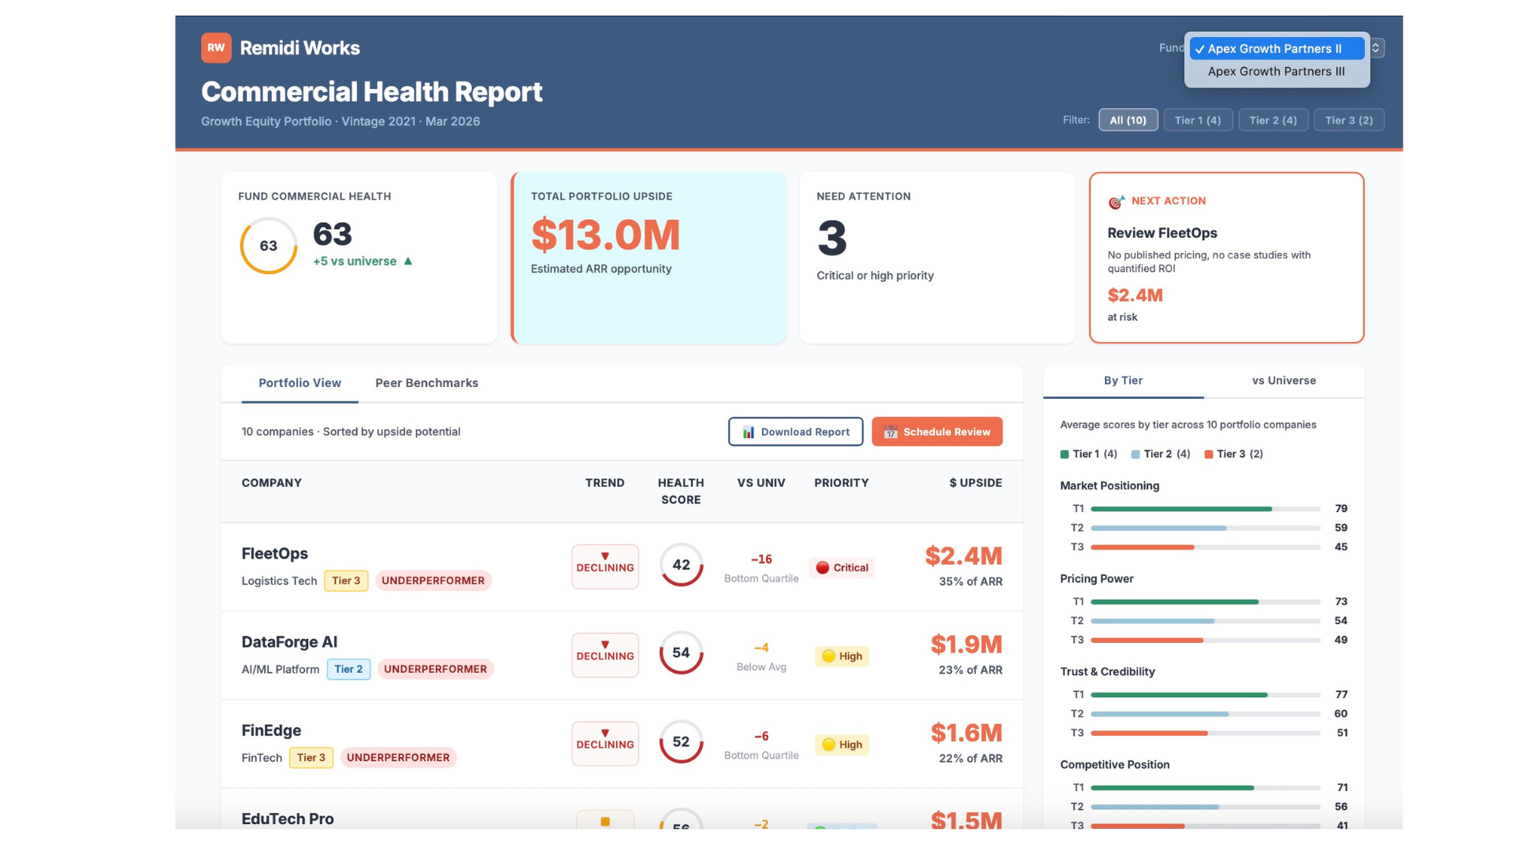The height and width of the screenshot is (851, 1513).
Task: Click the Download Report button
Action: [x=795, y=432]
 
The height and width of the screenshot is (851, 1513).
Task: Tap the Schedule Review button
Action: [x=937, y=432]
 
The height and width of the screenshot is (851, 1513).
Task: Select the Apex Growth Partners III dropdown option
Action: [x=1276, y=72]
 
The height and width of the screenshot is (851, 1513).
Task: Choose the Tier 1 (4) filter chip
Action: [x=1197, y=120]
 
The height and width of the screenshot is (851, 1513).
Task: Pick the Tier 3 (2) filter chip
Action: [x=1348, y=120]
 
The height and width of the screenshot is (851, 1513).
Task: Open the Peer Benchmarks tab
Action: [x=426, y=383]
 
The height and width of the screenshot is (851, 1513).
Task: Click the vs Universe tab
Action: [x=1284, y=381]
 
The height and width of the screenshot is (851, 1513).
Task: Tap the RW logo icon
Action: [x=216, y=48]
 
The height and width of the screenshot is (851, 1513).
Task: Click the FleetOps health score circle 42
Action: [x=681, y=565]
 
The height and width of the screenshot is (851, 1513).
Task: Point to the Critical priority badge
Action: [x=842, y=567]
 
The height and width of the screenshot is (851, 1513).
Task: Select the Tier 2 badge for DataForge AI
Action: [x=348, y=669]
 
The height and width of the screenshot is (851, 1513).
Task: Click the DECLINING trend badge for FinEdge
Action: [x=604, y=743]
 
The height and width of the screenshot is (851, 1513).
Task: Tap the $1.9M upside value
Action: [x=966, y=645]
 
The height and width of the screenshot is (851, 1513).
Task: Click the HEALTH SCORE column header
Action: [x=681, y=491]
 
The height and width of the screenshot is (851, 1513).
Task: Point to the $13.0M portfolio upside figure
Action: [x=605, y=235]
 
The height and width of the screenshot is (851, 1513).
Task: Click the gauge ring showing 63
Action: [x=269, y=246]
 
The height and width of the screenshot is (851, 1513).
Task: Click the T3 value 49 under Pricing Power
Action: [x=1340, y=640]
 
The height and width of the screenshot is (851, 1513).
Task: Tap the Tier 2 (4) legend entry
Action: [x=1161, y=454]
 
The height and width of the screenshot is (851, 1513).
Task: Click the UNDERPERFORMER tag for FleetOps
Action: [x=433, y=581]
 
